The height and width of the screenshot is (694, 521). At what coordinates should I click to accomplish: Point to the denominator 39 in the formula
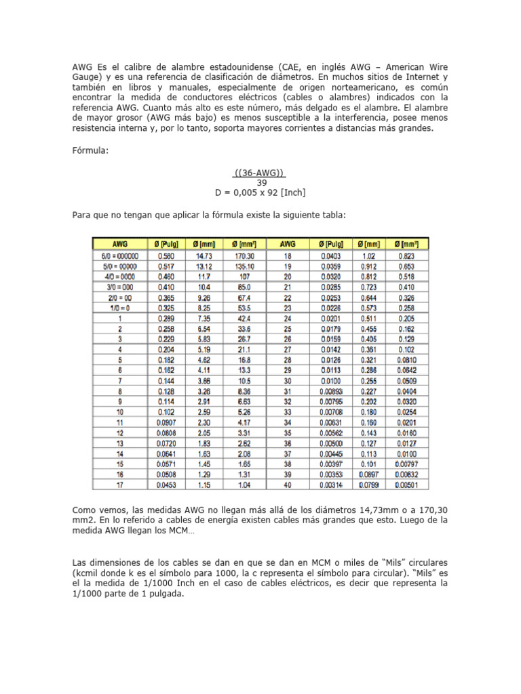(x=261, y=182)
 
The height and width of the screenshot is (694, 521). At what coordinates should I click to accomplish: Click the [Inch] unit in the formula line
(x=288, y=192)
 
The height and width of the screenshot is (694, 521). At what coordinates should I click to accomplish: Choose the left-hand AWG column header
(x=120, y=243)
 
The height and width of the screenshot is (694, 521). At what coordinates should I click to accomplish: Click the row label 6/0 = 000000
(x=120, y=256)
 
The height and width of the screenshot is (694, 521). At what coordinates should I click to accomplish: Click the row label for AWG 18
(x=288, y=256)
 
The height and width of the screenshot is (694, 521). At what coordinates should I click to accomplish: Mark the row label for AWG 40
(x=288, y=485)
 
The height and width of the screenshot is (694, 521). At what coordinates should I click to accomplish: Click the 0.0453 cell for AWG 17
(x=165, y=485)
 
